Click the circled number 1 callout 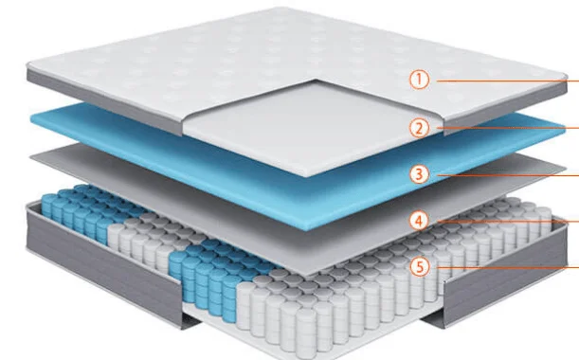[x=419, y=80]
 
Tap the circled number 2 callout [x=419, y=128]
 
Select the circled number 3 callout [x=419, y=174]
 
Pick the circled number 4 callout [x=419, y=221]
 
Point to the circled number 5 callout [x=420, y=266]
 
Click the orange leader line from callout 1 [x=507, y=81]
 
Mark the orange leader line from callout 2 [x=507, y=128]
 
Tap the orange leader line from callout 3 [x=507, y=174]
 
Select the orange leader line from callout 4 [x=507, y=222]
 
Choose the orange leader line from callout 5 [x=507, y=267]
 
